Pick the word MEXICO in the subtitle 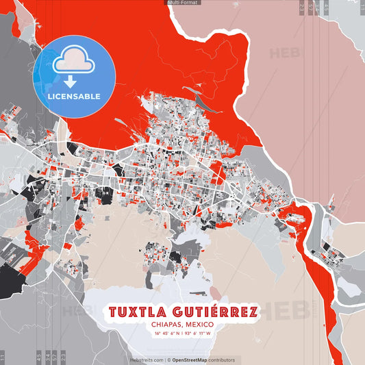(200, 325)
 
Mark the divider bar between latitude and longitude (182, 333)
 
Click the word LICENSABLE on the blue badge (74, 96)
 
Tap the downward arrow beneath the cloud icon (71, 81)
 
